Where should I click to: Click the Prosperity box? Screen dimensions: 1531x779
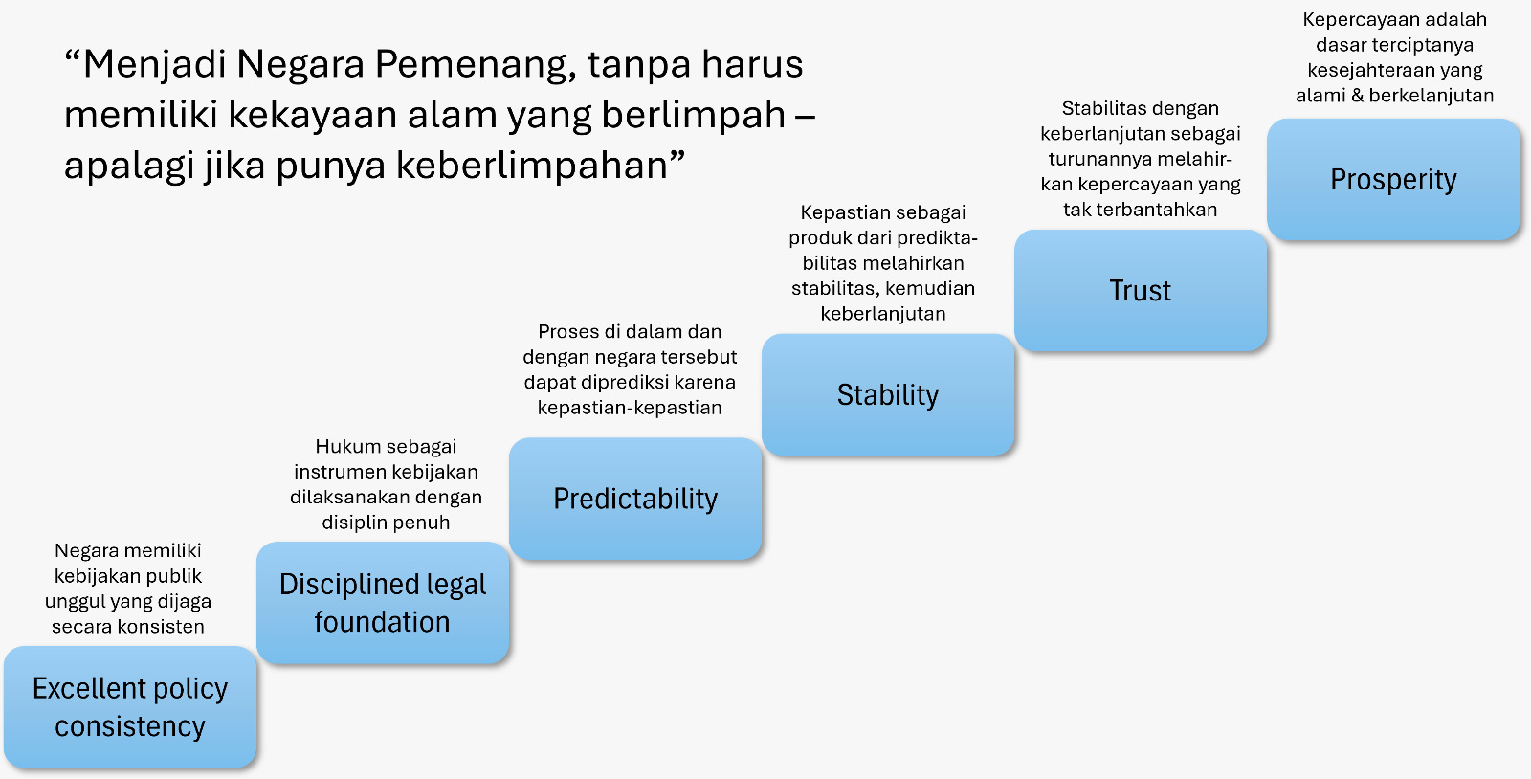(x=1393, y=179)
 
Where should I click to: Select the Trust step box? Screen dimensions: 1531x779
(x=1140, y=290)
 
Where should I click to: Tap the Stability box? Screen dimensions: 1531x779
(x=888, y=394)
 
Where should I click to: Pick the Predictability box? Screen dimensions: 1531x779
(x=635, y=499)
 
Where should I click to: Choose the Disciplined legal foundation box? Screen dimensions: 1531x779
(x=383, y=603)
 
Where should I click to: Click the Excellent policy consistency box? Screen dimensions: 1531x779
(x=130, y=706)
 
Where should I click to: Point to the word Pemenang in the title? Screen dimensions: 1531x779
(x=471, y=65)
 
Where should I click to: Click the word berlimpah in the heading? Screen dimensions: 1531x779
(x=693, y=115)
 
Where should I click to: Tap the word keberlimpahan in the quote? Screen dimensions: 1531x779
(x=531, y=166)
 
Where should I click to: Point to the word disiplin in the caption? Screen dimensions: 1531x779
(x=353, y=523)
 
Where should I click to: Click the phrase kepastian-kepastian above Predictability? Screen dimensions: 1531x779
(x=630, y=408)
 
